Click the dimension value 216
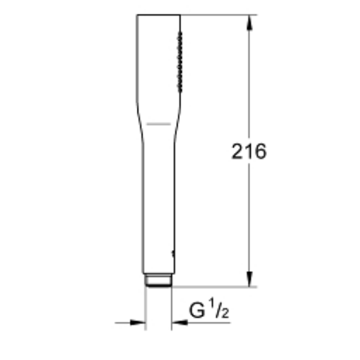pos(249,151)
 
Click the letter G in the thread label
pos(197,311)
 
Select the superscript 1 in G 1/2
pos(212,305)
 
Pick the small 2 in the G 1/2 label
pos(224,314)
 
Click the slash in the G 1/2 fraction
pos(217,310)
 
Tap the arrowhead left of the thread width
pos(139,322)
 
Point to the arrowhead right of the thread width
pos(179,322)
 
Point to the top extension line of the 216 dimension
pos(219,15)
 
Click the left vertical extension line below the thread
pos(146,309)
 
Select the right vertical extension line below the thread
pos(171,309)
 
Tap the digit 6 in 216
pos(260,151)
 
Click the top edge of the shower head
pos(159,15)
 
